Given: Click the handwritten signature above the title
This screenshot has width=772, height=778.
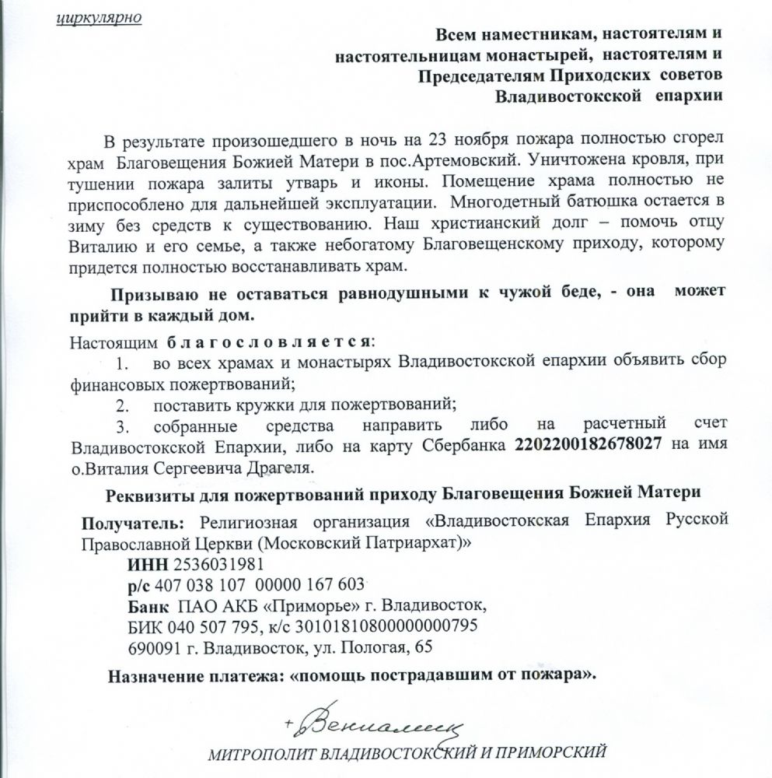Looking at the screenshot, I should pyautogui.click(x=372, y=728).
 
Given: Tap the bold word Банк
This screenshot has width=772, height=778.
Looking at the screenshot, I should pyautogui.click(x=148, y=606).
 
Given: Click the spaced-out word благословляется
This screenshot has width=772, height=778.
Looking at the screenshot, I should pyautogui.click(x=267, y=342).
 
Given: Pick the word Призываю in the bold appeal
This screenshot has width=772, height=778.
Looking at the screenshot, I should pyautogui.click(x=150, y=295).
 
